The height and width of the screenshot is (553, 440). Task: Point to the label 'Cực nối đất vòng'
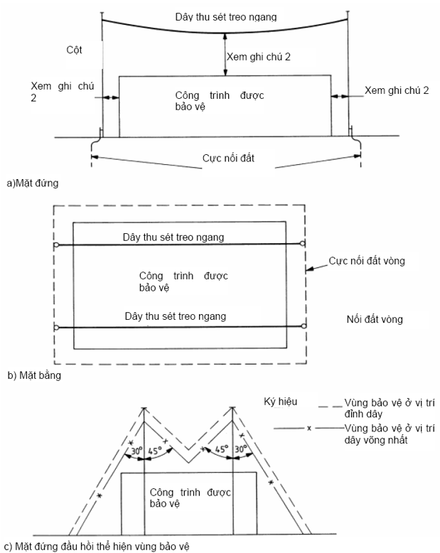[x=367, y=262]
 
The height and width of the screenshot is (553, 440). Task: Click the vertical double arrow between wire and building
[x=225, y=54]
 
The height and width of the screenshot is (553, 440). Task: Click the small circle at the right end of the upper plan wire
[x=304, y=245]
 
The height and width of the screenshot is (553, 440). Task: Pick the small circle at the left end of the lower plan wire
[x=55, y=328]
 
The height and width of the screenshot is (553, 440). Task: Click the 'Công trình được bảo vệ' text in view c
[x=188, y=498]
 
